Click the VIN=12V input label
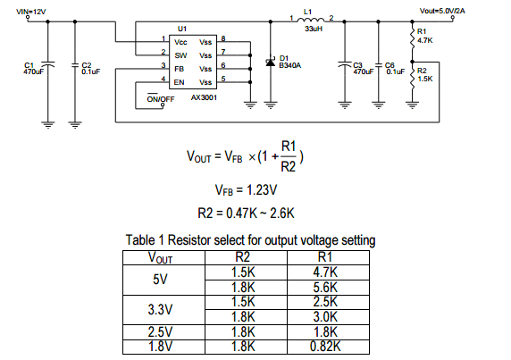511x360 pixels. [31, 12]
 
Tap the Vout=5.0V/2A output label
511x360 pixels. [442, 11]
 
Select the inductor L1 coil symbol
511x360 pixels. [311, 20]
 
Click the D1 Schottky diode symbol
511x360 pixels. [271, 62]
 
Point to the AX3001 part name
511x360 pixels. [204, 97]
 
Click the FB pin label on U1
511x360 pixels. [180, 69]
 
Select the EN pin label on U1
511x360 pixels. [180, 82]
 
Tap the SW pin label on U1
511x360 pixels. [180, 55]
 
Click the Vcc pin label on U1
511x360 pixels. [180, 42]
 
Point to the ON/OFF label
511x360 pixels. [161, 99]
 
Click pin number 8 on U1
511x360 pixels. [223, 38]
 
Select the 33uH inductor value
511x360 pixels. [314, 29]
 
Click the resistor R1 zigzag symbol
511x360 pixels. [412, 38]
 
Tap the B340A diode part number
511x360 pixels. [290, 65]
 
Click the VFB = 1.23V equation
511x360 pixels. [246, 190]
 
